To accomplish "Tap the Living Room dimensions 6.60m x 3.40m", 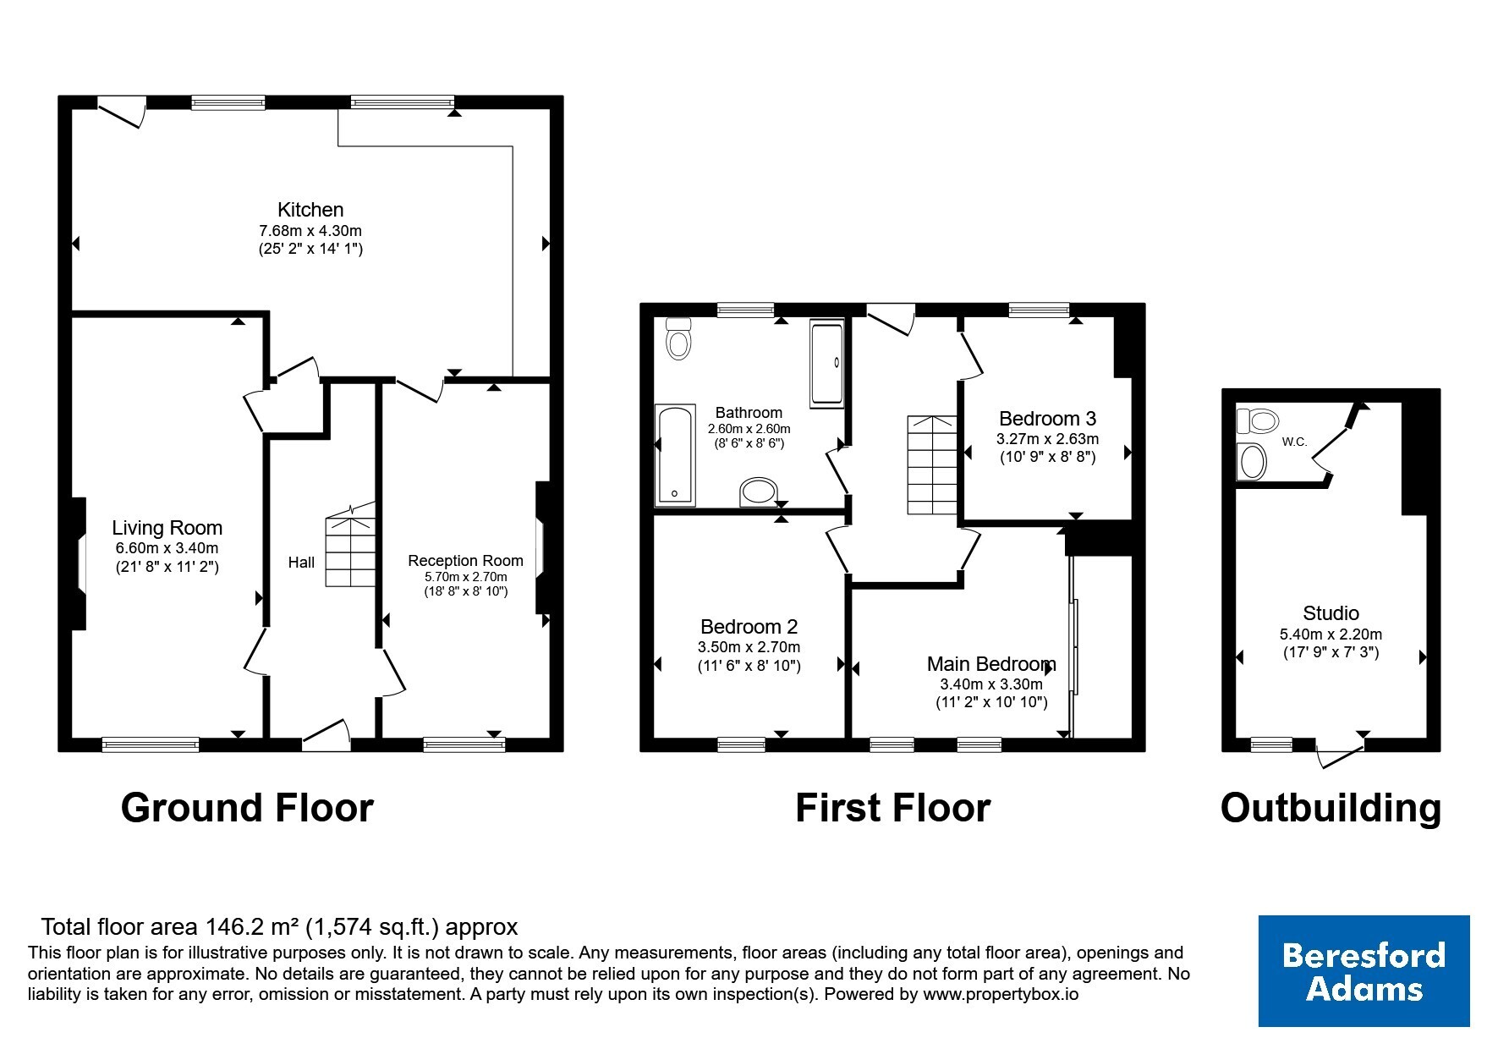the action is tap(167, 548).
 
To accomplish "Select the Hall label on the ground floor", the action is tap(301, 563).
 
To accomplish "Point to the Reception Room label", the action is tap(465, 561).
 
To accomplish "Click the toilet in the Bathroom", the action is tap(678, 338).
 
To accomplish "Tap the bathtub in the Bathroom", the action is tap(675, 455).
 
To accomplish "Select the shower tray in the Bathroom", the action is tap(827, 363).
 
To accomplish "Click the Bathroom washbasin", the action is tap(758, 492).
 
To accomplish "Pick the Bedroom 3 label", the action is tap(1047, 419).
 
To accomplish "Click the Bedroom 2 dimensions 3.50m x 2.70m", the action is tap(749, 647).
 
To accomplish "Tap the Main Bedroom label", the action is tap(991, 664).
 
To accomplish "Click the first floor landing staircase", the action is tap(932, 464).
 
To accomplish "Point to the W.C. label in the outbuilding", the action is tap(1294, 442).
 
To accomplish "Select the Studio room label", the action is tap(1331, 613).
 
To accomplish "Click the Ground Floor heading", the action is tap(247, 808).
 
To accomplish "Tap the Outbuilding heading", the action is tap(1331, 808).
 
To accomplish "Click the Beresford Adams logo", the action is tap(1364, 971).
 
